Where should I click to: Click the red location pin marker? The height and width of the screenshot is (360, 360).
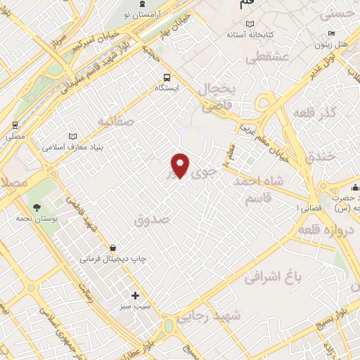click(x=181, y=165)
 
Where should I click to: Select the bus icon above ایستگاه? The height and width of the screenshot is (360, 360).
click(x=167, y=77)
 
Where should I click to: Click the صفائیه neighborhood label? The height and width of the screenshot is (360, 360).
click(x=115, y=121)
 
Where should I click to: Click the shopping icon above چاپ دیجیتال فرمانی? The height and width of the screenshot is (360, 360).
click(x=113, y=247)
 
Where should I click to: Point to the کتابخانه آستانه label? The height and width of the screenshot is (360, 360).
click(x=255, y=34)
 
